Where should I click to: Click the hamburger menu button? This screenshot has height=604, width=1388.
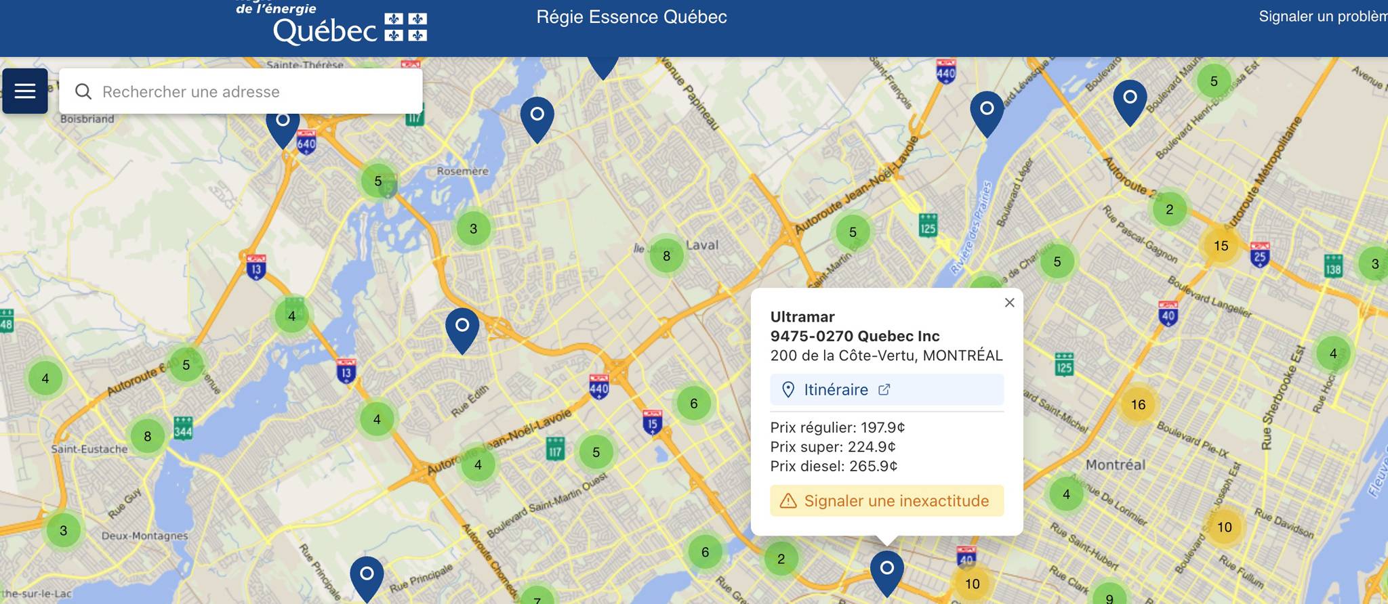25,91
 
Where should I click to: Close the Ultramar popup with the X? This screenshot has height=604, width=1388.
1009,303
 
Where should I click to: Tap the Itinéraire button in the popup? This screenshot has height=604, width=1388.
886,389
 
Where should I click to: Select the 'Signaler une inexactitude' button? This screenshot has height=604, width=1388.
886,501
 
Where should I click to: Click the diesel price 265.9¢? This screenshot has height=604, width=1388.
874,466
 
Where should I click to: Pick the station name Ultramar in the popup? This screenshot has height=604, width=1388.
802,317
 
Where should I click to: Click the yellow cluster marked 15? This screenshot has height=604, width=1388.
1221,246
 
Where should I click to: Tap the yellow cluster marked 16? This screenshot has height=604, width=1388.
1138,405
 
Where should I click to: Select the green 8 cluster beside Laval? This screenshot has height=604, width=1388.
666,256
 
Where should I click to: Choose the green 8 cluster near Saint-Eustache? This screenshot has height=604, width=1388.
148,437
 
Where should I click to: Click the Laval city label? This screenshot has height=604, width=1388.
702,245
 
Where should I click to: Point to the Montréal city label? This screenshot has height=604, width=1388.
1115,465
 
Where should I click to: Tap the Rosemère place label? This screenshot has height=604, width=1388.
462,171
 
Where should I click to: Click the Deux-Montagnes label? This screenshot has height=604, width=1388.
144,536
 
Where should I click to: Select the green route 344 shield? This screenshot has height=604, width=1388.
183,428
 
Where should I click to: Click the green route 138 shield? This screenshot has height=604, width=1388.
1333,265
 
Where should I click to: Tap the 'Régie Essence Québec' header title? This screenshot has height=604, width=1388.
631,17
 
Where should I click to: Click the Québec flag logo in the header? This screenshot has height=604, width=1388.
406,27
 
